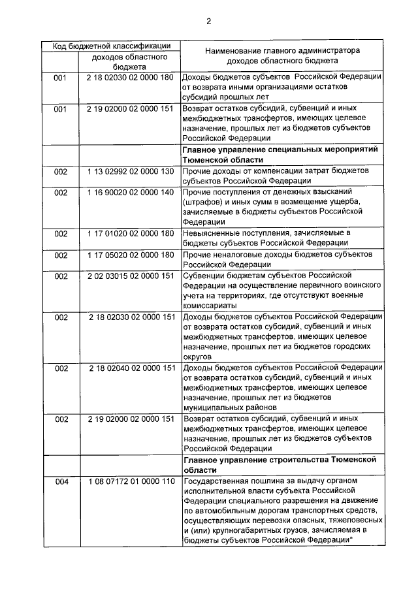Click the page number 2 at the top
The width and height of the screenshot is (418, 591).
pos(208,21)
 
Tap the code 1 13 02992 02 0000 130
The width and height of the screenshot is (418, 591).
pos(130,171)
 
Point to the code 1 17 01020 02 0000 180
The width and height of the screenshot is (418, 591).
pos(130,233)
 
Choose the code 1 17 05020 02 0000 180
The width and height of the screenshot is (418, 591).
pos(130,254)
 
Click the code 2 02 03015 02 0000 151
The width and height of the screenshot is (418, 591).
pos(130,276)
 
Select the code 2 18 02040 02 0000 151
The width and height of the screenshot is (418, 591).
pos(130,368)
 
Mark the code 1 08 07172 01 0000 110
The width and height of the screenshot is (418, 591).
pos(130,482)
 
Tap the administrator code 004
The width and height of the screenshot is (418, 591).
pos(61,482)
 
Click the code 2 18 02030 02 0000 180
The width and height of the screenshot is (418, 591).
pos(130,76)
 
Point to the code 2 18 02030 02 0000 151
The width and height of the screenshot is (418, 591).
pos(130,317)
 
